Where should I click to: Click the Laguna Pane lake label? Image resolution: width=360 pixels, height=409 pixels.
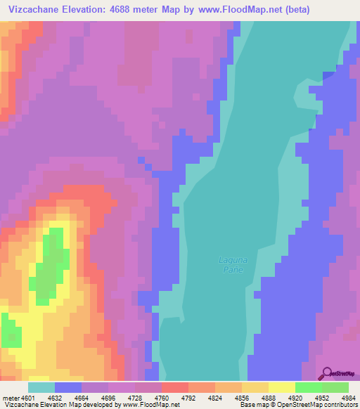coord(232,265)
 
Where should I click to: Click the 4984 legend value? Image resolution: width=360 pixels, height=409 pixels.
coord(349,397)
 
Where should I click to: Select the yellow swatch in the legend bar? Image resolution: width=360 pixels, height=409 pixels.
coord(281,387)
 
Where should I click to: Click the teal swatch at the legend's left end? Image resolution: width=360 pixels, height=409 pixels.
coord(41,387)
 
